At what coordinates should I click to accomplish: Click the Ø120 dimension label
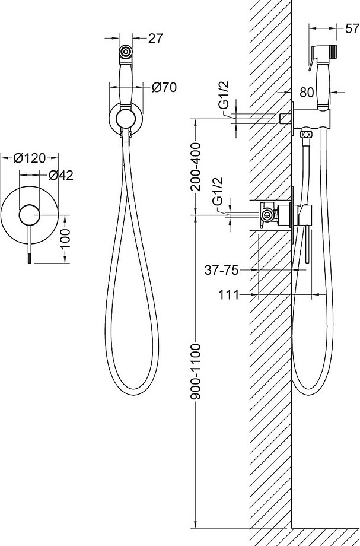coord(30,158)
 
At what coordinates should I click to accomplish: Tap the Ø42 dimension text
coord(61,175)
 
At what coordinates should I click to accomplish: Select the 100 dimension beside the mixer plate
coord(65,239)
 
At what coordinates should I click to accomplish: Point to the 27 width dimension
coord(155,39)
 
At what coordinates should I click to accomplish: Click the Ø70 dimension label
coord(164,87)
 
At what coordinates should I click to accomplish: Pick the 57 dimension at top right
coord(352,28)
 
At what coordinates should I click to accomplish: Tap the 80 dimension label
coord(307,92)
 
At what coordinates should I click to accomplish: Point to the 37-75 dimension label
coord(222,270)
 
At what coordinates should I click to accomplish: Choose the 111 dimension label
coord(228,295)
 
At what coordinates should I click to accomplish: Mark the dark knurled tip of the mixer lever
coord(29,258)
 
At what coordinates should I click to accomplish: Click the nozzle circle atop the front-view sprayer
coord(125,52)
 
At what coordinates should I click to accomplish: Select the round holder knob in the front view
coord(126,118)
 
